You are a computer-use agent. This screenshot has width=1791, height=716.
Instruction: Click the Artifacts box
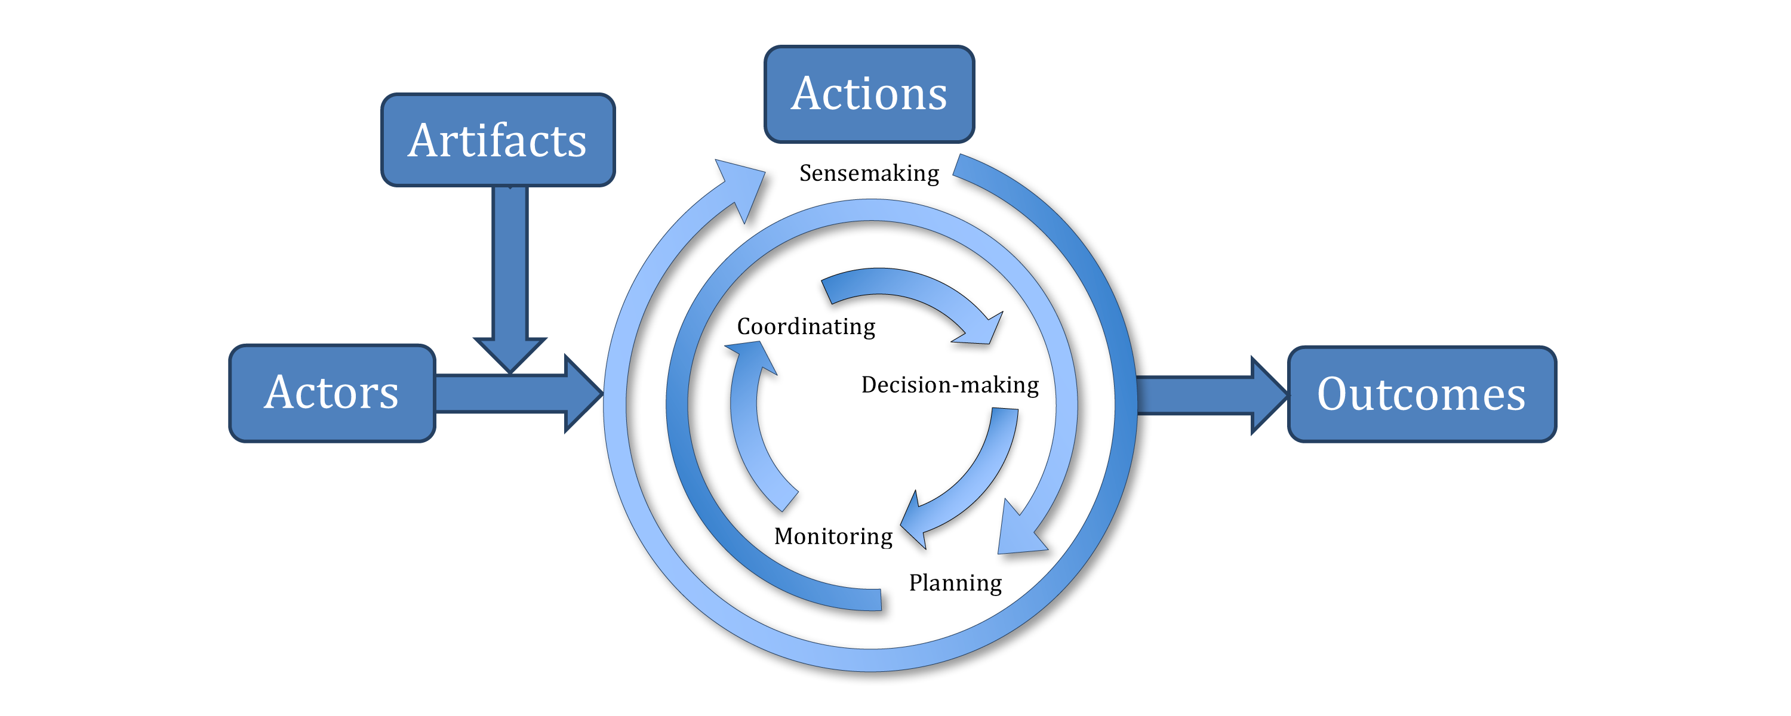click(x=498, y=140)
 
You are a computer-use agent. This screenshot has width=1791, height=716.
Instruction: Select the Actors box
click(x=332, y=393)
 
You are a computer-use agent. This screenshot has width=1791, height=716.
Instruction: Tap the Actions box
click(x=869, y=94)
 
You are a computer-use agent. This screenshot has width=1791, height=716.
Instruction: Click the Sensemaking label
click(x=869, y=173)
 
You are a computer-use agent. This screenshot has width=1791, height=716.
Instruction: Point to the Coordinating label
click(x=806, y=327)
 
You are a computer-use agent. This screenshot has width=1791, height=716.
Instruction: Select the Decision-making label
click(x=950, y=385)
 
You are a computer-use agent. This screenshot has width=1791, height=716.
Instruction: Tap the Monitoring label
click(x=833, y=536)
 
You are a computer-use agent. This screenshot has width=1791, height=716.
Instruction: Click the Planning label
click(x=955, y=582)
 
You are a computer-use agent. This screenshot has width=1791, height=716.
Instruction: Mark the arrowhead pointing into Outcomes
click(x=1267, y=396)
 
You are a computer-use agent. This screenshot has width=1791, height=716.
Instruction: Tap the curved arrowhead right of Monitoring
click(x=916, y=523)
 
